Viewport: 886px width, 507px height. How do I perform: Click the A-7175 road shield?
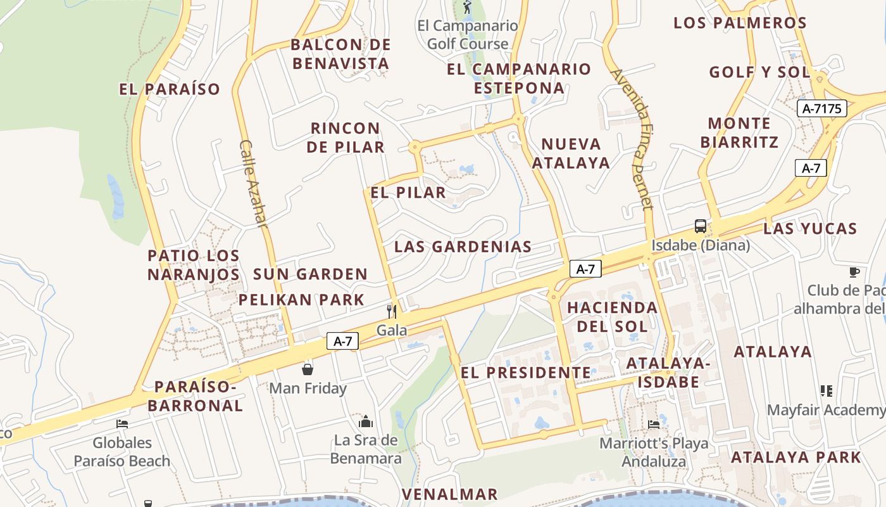(821, 108)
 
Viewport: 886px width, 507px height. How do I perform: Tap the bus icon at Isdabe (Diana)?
(701, 226)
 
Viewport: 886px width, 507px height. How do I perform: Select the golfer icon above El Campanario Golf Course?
(467, 8)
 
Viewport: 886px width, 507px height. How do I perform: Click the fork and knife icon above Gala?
(392, 311)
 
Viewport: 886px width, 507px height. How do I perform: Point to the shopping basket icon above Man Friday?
(308, 369)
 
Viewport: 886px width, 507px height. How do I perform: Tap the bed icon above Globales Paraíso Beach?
(122, 423)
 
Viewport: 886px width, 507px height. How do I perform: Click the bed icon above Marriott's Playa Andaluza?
(654, 423)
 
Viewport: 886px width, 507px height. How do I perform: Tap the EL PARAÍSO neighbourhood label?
(170, 89)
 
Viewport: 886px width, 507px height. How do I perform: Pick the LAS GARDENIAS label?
(463, 247)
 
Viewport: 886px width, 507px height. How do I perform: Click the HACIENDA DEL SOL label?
(612, 317)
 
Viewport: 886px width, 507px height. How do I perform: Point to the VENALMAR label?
(450, 494)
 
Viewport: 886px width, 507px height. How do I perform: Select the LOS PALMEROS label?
(740, 23)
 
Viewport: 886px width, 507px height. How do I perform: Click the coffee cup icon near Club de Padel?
(854, 272)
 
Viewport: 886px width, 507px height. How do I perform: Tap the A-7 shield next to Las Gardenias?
(585, 269)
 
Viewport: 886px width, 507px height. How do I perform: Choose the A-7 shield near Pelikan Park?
(343, 341)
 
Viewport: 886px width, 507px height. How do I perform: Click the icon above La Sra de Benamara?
(366, 421)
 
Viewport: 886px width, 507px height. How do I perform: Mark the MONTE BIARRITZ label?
(739, 132)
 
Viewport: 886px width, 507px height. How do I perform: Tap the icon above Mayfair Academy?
(826, 390)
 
